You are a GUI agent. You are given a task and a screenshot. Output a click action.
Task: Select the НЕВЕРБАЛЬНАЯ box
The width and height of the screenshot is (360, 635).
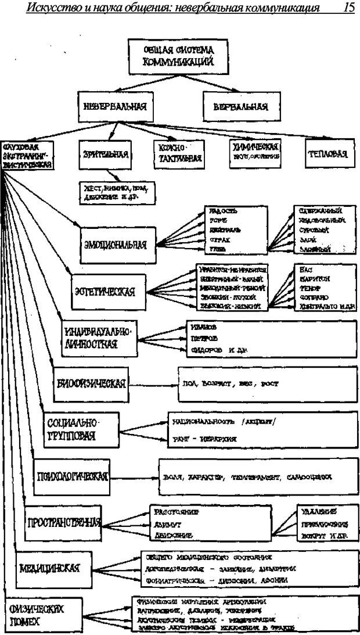(115, 107)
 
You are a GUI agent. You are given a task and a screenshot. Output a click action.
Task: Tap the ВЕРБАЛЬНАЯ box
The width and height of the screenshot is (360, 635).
(240, 107)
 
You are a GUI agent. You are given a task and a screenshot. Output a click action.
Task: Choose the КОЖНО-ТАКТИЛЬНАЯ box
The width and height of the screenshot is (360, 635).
(178, 153)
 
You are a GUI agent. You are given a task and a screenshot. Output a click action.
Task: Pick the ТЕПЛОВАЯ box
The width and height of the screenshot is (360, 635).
(328, 154)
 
